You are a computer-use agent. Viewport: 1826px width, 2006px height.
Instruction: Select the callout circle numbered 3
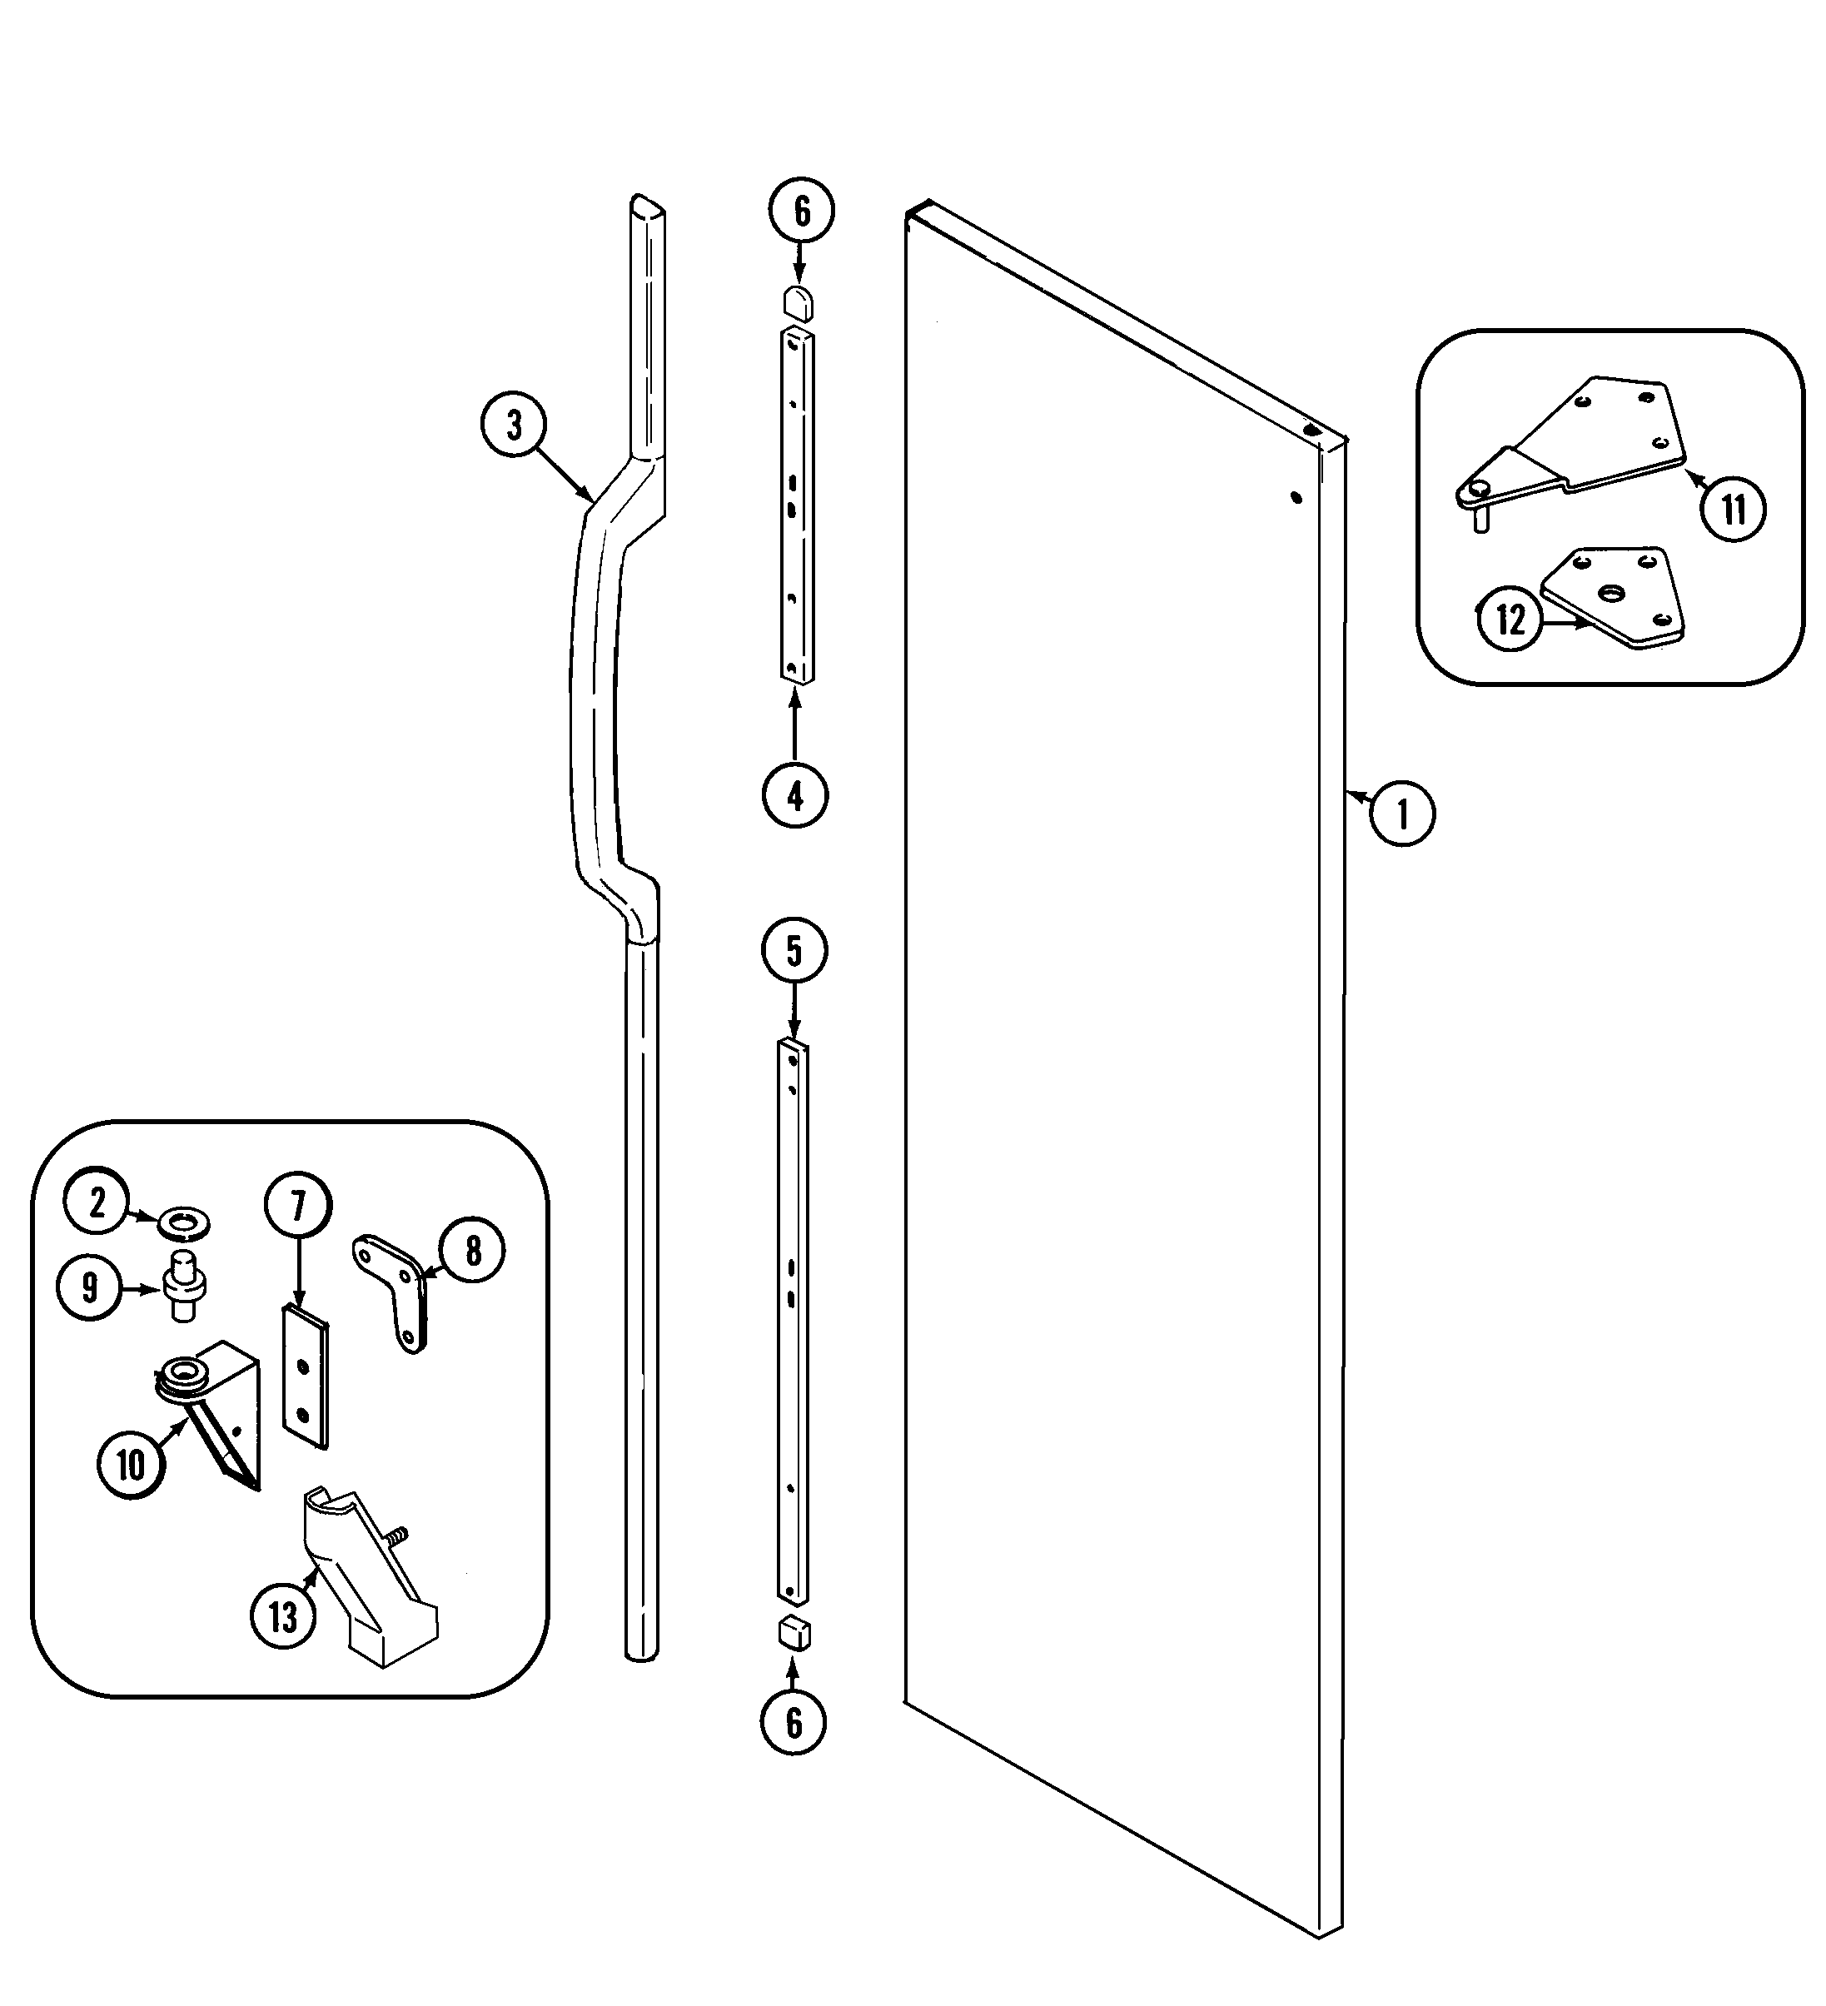click(514, 426)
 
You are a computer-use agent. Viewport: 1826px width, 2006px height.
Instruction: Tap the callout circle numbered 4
click(795, 794)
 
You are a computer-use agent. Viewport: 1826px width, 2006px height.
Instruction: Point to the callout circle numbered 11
click(1734, 510)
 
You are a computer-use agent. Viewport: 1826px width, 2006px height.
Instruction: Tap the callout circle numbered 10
click(131, 1465)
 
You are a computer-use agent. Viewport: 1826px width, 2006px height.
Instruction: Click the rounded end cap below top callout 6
click(799, 301)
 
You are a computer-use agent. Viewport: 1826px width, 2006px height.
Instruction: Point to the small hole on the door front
click(1296, 496)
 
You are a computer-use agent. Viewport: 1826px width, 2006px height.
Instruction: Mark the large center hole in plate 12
click(1610, 594)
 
